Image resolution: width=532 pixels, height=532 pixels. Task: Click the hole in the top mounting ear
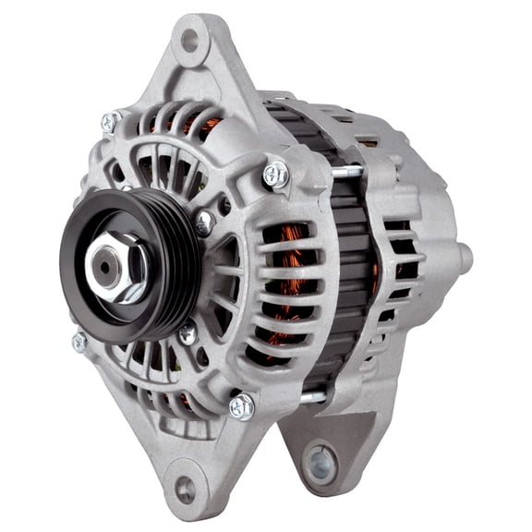(190, 40)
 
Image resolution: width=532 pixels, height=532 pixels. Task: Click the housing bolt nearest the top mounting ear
(110, 122)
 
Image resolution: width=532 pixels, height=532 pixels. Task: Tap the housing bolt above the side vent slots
(274, 173)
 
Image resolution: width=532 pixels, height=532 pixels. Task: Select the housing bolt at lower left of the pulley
(80, 342)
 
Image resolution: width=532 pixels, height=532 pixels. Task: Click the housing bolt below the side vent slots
(241, 405)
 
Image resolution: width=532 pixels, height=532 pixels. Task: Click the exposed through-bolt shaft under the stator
(312, 397)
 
